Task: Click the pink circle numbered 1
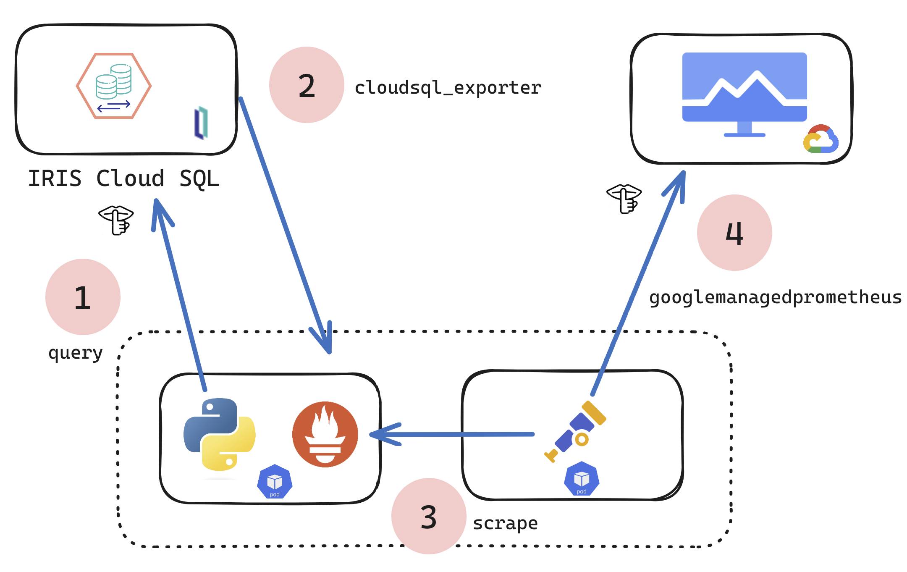(83, 297)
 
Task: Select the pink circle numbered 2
(307, 85)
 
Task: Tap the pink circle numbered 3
(428, 516)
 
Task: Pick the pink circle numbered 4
(734, 233)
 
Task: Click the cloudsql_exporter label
(448, 88)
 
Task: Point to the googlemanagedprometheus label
(775, 297)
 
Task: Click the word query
(76, 353)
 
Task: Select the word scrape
(505, 523)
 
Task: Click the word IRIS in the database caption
(55, 178)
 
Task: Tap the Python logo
(220, 434)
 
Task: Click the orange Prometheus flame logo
(325, 434)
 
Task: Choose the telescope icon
(575, 432)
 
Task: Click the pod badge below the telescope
(582, 479)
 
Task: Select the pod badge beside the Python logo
(275, 482)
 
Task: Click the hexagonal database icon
(114, 86)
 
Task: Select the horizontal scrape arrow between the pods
(451, 434)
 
